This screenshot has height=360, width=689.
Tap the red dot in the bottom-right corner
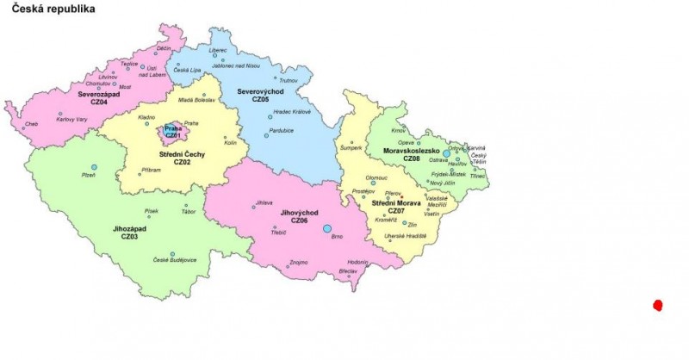tap(658, 305)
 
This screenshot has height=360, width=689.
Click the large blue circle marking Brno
tap(327, 228)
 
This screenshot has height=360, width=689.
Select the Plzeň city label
tap(88, 175)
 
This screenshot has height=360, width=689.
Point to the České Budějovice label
tap(175, 260)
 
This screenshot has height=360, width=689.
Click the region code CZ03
tap(129, 236)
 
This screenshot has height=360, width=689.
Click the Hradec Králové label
tap(292, 111)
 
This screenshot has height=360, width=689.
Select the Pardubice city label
tap(282, 130)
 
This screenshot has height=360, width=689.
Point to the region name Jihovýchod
tap(300, 212)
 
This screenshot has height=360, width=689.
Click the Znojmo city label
tap(299, 262)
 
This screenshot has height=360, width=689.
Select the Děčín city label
tap(164, 49)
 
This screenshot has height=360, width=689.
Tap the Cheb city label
tap(32, 124)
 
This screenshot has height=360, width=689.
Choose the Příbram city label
tap(152, 171)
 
